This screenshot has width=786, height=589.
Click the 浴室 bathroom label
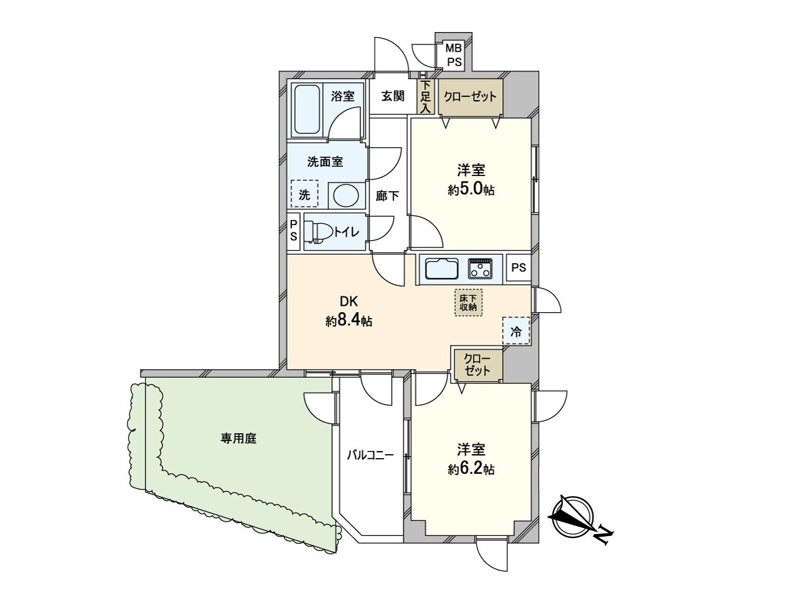pos(343,96)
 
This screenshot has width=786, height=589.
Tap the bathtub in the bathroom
pos(307,109)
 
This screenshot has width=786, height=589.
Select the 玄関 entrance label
pos(392,96)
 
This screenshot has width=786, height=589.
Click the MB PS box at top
pos(454,55)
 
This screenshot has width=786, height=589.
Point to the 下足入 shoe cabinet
pos(426,97)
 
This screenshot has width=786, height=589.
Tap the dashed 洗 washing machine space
pos(304,194)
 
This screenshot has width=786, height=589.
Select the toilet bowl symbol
pos(318,232)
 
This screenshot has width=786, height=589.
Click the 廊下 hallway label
pos(387,195)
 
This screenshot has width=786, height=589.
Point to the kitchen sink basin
pos(441,269)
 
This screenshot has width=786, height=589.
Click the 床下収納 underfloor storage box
pos(468,302)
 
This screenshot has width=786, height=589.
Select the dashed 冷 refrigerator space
pos(516,331)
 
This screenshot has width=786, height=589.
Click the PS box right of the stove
pos(519,268)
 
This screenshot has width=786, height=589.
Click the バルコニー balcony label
pos(370,454)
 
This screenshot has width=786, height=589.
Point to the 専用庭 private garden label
pos(238,438)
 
